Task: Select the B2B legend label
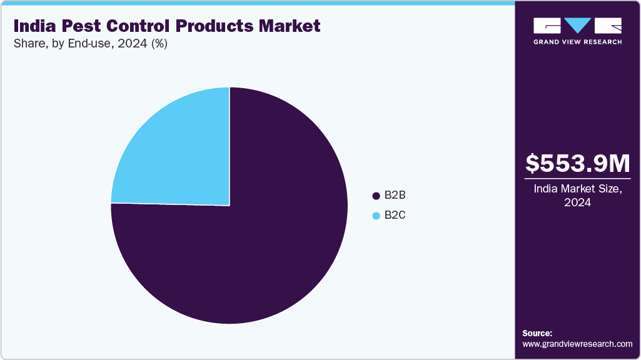(x=395, y=196)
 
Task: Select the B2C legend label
(x=395, y=216)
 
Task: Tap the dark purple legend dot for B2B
(x=376, y=196)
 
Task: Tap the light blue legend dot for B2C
(x=376, y=216)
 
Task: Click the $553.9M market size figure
(x=578, y=163)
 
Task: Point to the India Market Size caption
(x=578, y=189)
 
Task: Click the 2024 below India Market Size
(x=578, y=203)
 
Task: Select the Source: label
(x=537, y=333)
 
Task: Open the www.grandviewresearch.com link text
(x=577, y=344)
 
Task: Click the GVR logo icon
(x=577, y=26)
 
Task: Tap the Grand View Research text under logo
(x=577, y=42)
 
